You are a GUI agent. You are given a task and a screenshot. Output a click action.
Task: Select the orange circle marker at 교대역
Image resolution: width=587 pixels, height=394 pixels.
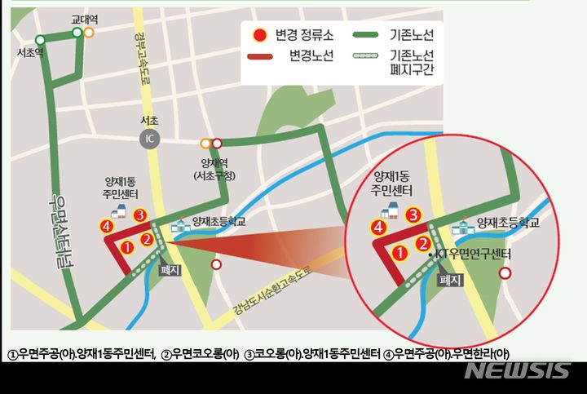point(89,33)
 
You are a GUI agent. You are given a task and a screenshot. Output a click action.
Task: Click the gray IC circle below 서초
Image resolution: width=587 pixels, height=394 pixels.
point(149,136)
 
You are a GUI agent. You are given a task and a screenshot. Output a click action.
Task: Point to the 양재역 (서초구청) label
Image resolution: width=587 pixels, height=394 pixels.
point(214,169)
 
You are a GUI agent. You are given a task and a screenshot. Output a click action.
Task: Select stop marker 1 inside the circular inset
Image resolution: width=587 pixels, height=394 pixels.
point(400,254)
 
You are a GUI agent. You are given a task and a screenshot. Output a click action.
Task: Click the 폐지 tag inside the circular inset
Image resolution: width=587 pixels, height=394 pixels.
point(451,278)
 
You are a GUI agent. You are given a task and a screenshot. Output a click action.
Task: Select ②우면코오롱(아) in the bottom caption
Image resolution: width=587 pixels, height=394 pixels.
point(200,353)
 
